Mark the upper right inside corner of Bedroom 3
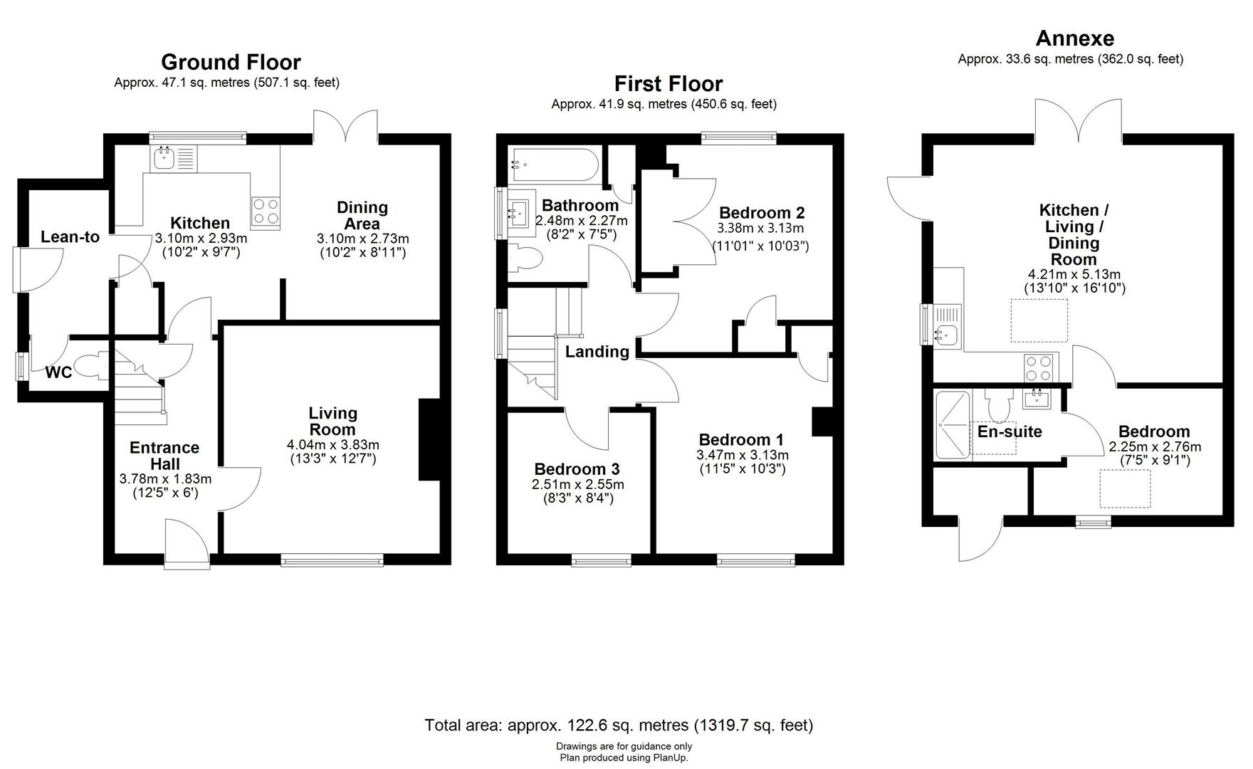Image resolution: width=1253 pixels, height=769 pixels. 650,413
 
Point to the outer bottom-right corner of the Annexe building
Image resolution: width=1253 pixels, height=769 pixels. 1233,526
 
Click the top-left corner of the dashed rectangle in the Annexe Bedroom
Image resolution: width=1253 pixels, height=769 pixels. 1101,470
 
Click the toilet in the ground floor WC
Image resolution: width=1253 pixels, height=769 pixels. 91,366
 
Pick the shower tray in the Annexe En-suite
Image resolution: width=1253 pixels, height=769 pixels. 953,425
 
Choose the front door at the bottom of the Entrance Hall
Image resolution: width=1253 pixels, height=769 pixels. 187,543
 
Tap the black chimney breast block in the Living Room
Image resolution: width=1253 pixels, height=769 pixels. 430,440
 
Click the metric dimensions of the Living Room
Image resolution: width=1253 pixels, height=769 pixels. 332,445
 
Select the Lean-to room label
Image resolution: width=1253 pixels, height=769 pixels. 70,237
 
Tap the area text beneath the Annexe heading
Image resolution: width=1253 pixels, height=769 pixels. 1071,59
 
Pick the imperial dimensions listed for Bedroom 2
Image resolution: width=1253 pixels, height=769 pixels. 761,246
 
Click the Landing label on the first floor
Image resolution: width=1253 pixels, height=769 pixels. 597,352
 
